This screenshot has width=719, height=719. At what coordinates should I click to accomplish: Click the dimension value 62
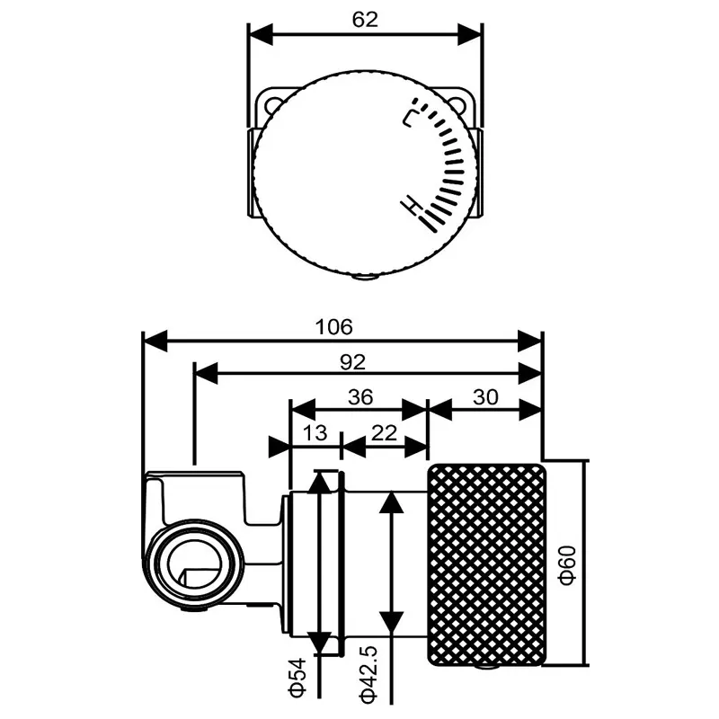tap(366, 17)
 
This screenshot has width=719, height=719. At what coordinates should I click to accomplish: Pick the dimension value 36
tap(359, 397)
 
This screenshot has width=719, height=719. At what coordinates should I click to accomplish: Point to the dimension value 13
tap(315, 433)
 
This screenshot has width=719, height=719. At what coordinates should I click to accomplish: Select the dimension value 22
tap(384, 433)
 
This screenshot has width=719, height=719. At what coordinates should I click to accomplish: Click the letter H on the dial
tap(413, 207)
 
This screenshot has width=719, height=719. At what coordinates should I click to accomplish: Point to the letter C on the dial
tap(413, 114)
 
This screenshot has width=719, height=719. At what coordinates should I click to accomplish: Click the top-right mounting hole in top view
tap(464, 103)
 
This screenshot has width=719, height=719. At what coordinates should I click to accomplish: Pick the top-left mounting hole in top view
tap(271, 103)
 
